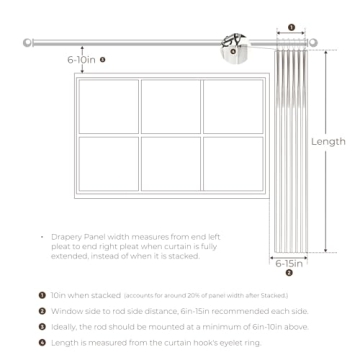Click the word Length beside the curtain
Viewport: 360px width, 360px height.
click(x=328, y=142)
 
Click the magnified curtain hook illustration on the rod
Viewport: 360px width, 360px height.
click(x=236, y=45)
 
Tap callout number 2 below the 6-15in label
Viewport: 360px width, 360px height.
click(x=290, y=273)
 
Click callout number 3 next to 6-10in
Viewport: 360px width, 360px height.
click(x=103, y=60)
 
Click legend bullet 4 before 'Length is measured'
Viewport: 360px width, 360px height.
click(x=41, y=344)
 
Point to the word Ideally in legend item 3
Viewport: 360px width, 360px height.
click(x=61, y=328)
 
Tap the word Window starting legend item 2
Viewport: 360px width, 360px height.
click(x=63, y=312)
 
